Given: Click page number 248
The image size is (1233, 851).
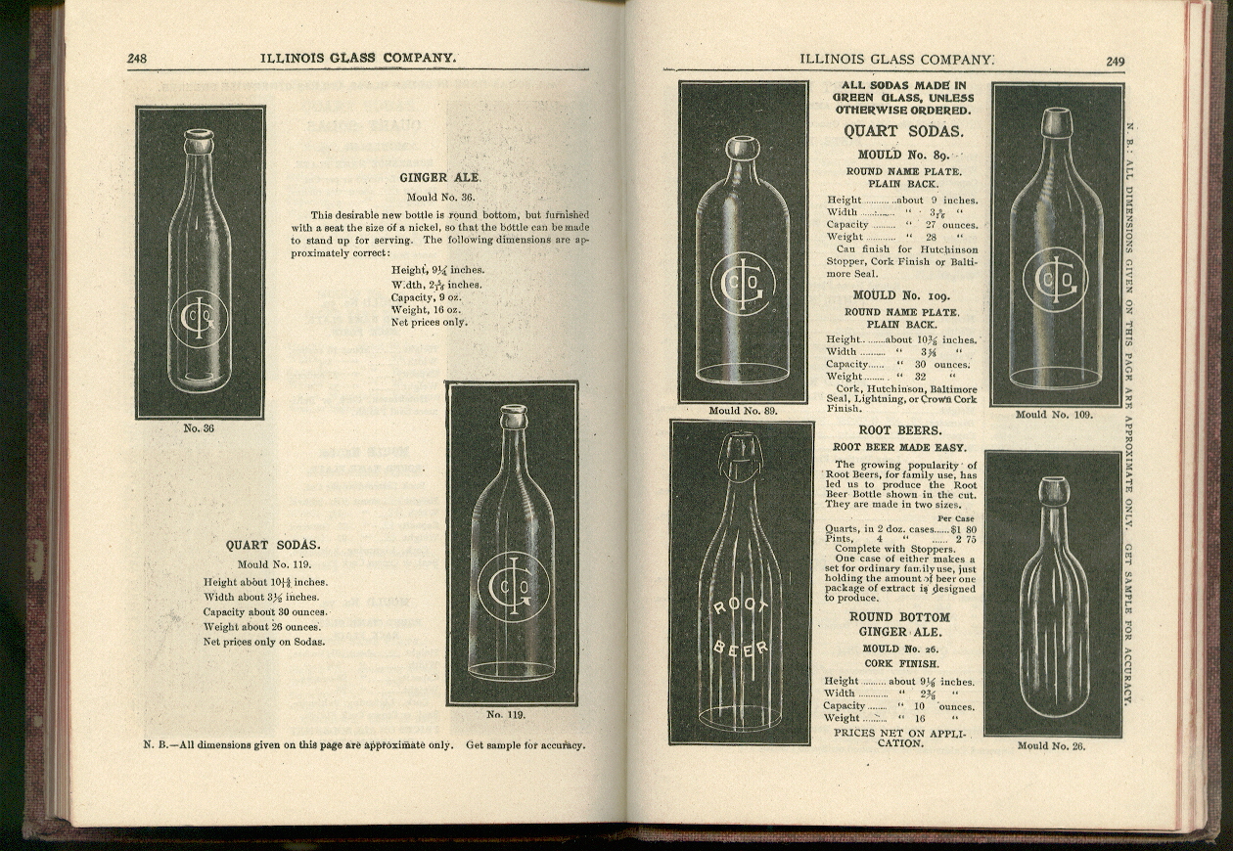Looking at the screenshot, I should click(x=137, y=59).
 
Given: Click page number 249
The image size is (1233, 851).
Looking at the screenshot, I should click(x=1115, y=61).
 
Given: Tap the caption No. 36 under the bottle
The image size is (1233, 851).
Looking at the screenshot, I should click(x=199, y=427).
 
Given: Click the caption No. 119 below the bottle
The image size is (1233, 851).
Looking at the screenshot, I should click(x=506, y=714).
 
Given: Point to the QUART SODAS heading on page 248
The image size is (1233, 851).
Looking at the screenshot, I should click(x=272, y=545).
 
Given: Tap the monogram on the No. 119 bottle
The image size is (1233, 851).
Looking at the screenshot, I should click(x=513, y=585).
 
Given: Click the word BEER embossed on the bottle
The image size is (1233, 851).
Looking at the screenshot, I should click(x=741, y=648).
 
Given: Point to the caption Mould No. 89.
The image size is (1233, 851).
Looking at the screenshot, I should click(x=743, y=411).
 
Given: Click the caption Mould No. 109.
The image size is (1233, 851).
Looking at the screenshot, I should click(x=1054, y=414).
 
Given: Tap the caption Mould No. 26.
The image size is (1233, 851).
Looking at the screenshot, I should click(x=1051, y=745).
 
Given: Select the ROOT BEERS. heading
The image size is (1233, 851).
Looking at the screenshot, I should click(x=899, y=429).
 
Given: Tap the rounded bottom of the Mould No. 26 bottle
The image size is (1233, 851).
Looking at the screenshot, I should click(x=1053, y=704).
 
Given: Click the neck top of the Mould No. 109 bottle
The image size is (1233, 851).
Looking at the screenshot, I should click(x=1056, y=122).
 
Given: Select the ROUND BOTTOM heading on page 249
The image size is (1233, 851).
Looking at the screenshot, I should click(x=899, y=617).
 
